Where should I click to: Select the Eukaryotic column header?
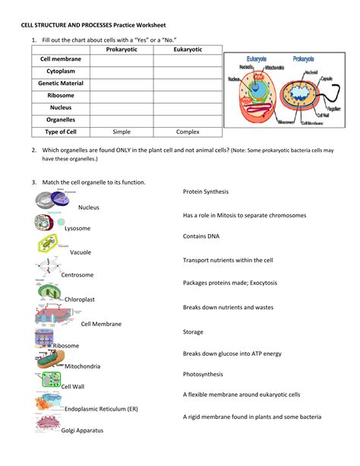(188, 49)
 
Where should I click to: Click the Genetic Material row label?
(61, 83)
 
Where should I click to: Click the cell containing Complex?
(188, 132)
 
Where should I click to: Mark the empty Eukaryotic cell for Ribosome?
(188, 95)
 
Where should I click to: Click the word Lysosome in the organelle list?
(77, 228)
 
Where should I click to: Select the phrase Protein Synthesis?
(206, 192)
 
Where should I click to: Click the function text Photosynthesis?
(203, 374)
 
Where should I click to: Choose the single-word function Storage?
(194, 332)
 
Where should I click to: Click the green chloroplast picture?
(49, 291)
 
